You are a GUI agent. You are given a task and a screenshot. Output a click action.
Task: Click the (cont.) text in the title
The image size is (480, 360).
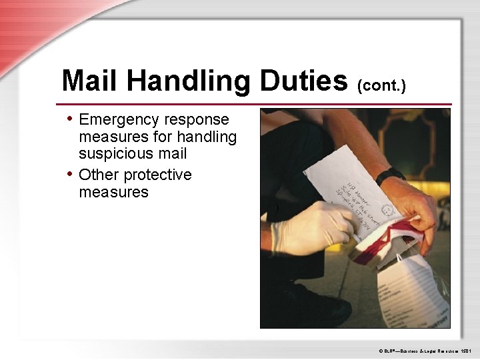[382, 85]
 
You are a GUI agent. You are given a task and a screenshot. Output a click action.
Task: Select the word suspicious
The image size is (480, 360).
[111, 154]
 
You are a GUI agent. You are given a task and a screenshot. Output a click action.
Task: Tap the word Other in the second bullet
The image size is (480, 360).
[99, 175]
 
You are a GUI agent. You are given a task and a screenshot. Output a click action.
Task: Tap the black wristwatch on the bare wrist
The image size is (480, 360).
[389, 175]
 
